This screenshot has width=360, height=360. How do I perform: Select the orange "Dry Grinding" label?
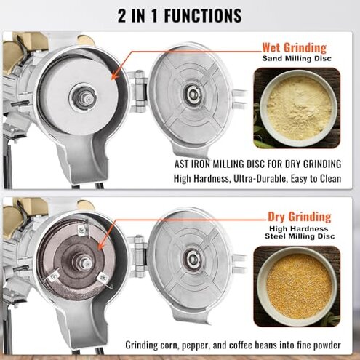coord(299,217)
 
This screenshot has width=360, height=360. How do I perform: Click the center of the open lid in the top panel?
coord(193,92)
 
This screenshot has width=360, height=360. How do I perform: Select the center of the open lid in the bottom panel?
coord(193,258)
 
